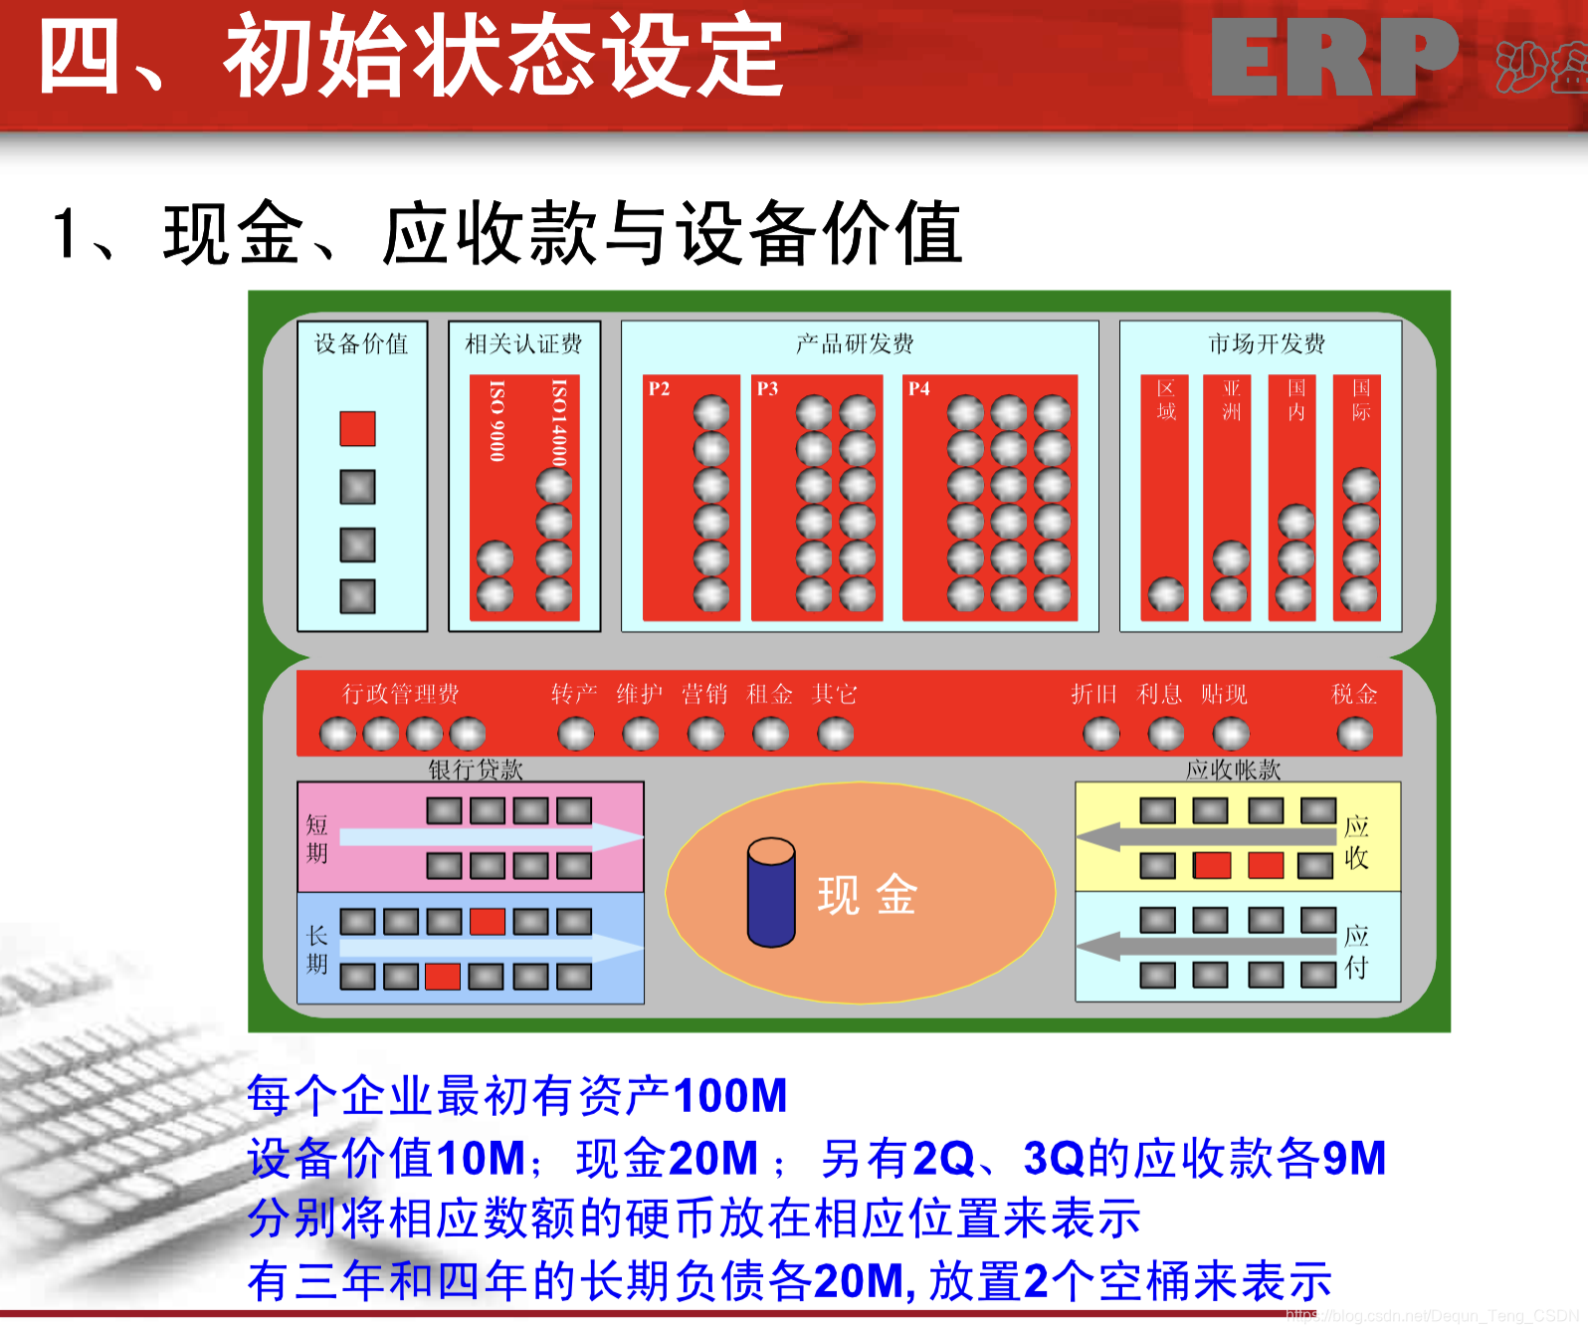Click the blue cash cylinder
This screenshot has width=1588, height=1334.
click(771, 893)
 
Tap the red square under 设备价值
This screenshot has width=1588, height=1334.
click(357, 428)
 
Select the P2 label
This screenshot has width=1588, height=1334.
click(659, 388)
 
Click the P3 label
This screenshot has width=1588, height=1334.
click(767, 388)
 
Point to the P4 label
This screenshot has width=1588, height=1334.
click(918, 388)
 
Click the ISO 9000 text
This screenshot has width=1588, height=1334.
click(496, 420)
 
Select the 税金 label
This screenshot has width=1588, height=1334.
click(1354, 694)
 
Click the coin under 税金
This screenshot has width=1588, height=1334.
click(1354, 734)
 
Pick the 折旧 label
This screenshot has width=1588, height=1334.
click(1093, 694)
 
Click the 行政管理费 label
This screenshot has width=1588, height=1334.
click(401, 694)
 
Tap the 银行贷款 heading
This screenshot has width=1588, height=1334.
click(476, 770)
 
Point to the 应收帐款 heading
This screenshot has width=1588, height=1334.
click(1233, 770)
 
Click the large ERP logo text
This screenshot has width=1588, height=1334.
click(1333, 60)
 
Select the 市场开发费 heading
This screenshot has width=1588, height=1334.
click(1266, 343)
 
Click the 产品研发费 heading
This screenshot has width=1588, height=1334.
click(855, 343)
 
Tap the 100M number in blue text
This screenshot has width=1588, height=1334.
click(729, 1096)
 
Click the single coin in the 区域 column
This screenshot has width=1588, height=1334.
click(1166, 594)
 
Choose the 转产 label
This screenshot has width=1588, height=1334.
click(574, 694)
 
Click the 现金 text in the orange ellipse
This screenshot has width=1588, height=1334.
click(867, 895)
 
